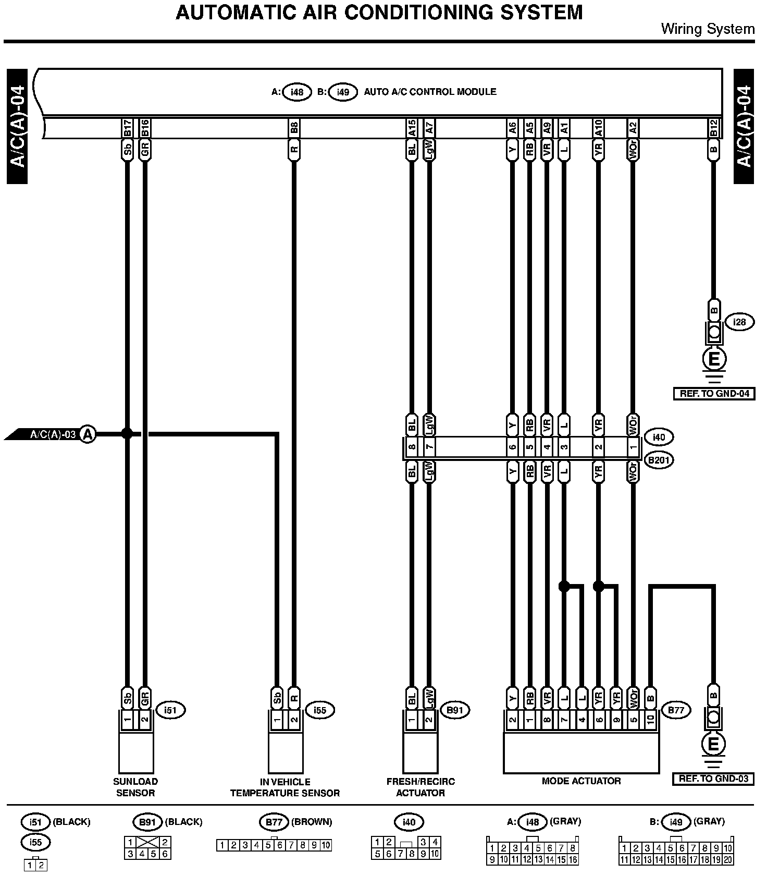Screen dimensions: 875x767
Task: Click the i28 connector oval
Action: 739,322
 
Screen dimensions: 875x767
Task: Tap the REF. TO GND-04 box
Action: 714,394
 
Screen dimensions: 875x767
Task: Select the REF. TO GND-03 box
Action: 713,779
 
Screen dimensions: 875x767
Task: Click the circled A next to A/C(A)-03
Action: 88,434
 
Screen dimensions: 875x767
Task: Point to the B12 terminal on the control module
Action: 713,129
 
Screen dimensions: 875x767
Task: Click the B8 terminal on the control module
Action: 294,129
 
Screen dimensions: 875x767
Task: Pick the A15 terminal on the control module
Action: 412,129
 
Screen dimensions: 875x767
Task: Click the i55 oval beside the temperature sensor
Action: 319,710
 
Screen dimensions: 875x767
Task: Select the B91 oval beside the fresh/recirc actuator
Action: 455,710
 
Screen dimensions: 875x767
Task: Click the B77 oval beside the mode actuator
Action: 676,710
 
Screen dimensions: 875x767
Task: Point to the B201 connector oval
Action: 659,460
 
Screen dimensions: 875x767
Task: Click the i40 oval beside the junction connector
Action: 659,437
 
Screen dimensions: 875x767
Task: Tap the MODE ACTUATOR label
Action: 581,781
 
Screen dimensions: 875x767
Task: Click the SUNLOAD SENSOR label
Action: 135,787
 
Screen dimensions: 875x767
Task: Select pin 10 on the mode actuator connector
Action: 650,720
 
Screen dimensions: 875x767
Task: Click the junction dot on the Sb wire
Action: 127,433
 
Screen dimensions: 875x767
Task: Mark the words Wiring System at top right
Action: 708,29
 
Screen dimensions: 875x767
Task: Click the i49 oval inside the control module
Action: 342,92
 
